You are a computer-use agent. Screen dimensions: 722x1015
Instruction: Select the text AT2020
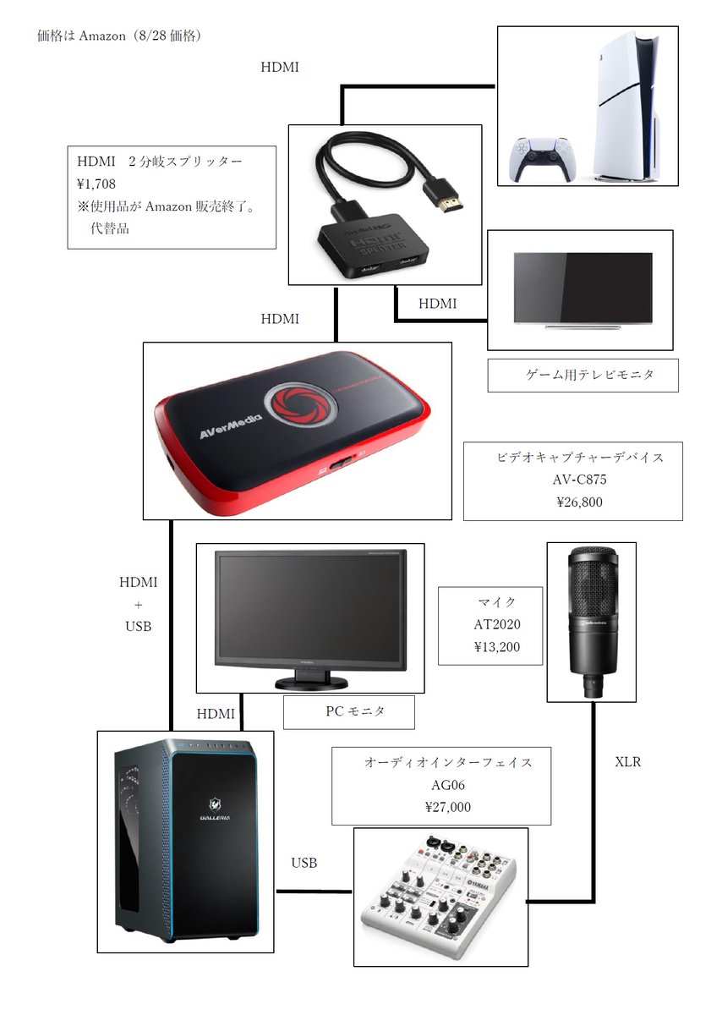point(496,625)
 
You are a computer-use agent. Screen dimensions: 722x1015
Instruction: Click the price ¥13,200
point(496,647)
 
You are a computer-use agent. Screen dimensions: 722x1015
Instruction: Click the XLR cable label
point(628,762)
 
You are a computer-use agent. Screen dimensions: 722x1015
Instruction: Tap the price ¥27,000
point(448,807)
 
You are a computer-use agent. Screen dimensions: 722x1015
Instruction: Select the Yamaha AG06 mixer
point(440,897)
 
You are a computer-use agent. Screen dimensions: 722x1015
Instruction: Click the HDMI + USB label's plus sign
point(138,605)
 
